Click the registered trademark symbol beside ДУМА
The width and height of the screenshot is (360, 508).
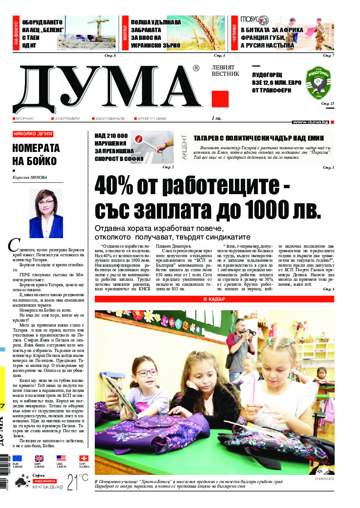pos(195,68)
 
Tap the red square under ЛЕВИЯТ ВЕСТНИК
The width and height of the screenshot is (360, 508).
pos(220,99)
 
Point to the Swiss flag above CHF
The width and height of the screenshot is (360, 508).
pos(83,458)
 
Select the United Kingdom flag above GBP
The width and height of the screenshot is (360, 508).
pos(39,458)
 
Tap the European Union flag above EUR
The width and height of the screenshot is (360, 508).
pos(17,458)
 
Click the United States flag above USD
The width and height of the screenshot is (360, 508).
pos(61,458)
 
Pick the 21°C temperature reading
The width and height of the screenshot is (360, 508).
pos(78,482)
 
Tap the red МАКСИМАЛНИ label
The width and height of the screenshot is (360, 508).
pos(44,481)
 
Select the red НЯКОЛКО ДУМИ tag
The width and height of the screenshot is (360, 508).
pos(33,134)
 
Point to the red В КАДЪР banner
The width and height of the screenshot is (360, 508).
pos(214,299)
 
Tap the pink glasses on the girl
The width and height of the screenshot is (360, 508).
pos(146,373)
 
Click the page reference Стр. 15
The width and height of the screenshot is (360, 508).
pos(327,104)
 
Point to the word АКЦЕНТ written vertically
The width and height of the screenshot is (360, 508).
pos(184,147)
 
